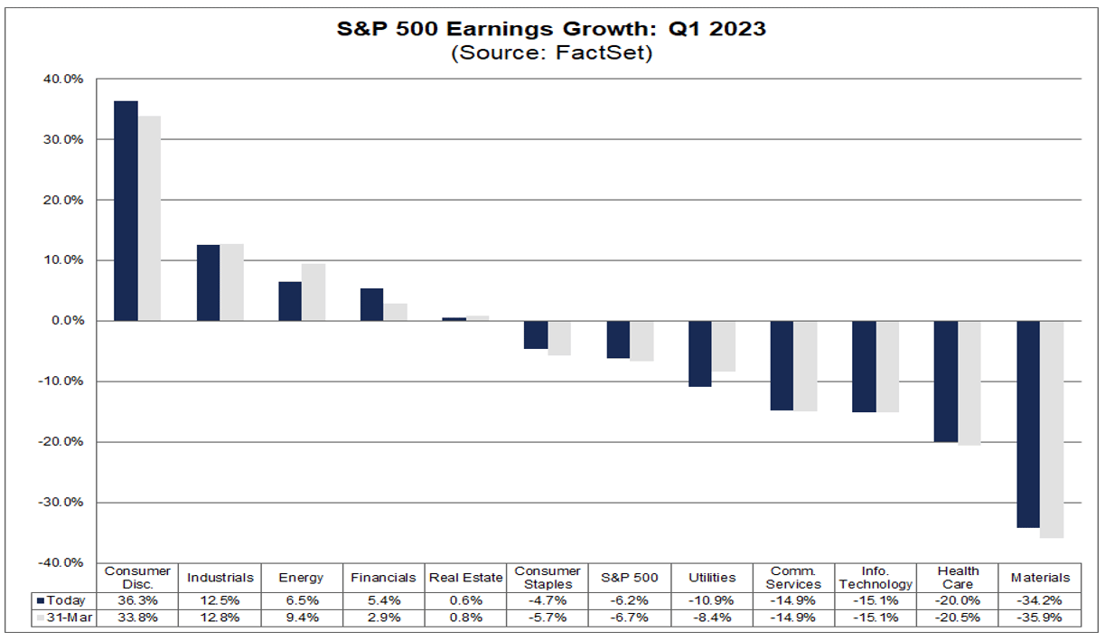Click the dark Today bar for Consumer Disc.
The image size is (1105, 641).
point(126,211)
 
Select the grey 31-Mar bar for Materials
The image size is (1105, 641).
point(1051,429)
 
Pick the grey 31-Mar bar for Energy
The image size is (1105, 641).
point(314,292)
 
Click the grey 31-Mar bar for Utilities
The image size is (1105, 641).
point(723,346)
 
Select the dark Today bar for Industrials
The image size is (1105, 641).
point(208,283)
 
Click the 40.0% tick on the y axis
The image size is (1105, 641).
point(61,80)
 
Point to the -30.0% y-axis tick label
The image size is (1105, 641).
point(60,502)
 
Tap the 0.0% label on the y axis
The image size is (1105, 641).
point(65,321)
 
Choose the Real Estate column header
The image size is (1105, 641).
point(467,578)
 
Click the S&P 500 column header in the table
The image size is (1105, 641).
point(631,578)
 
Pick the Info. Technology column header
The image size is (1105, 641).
point(876,578)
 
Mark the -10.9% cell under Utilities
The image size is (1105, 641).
point(712,600)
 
